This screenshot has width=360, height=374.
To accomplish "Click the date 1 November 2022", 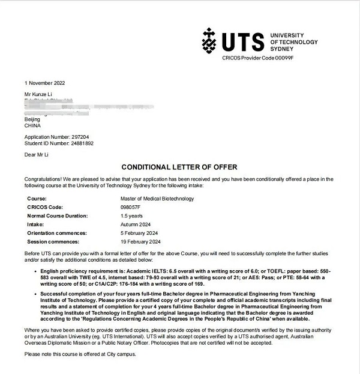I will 44,83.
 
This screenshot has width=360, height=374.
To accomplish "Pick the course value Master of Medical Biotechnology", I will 157,199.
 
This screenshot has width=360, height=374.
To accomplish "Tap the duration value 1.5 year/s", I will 131,216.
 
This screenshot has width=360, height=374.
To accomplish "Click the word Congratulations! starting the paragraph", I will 44,179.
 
